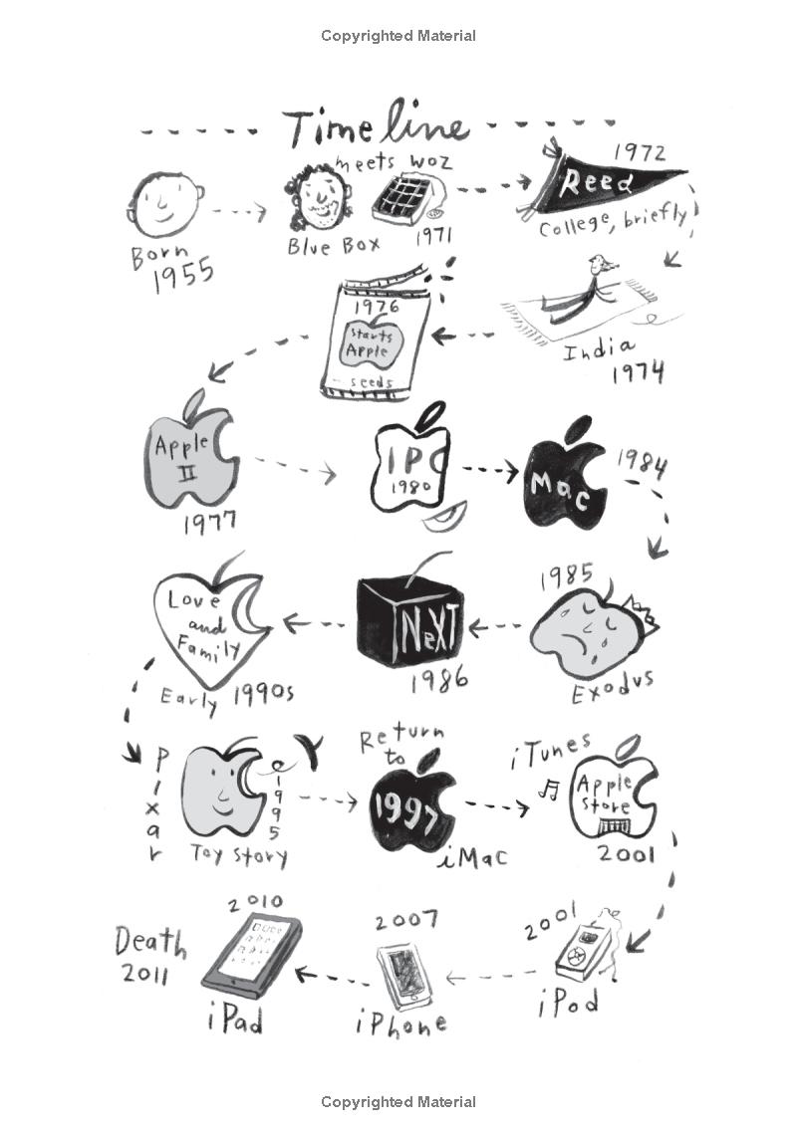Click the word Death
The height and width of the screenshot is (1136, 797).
tap(149, 940)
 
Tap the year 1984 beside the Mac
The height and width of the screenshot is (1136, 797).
tap(641, 462)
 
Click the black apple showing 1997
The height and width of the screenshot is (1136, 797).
tap(411, 807)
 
